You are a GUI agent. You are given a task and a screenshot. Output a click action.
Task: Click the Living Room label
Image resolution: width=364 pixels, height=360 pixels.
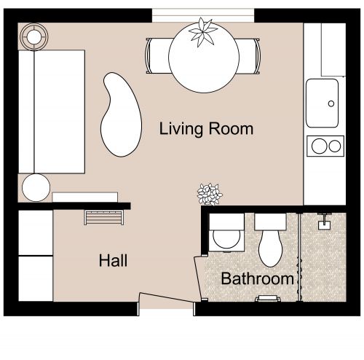[206, 130]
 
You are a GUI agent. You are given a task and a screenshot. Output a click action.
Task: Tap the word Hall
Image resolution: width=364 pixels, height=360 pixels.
[114, 260]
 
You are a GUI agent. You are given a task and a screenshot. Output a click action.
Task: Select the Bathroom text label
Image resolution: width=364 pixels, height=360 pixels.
[257, 278]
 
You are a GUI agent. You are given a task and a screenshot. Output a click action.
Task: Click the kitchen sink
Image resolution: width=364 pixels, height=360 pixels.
[323, 103]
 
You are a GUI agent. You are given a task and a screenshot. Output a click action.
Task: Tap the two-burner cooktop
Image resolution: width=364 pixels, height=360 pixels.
[325, 146]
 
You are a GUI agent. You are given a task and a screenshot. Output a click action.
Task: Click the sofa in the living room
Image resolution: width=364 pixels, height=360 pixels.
[51, 109]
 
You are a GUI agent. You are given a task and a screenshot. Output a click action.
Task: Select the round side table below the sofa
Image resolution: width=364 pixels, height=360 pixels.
[35, 188]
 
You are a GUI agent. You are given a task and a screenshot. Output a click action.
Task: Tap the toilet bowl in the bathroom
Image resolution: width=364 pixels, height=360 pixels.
[271, 246]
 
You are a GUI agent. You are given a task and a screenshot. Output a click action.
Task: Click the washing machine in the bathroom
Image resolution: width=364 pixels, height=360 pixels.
[226, 232]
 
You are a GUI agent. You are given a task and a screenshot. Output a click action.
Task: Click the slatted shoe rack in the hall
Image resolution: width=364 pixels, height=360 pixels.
[105, 217]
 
